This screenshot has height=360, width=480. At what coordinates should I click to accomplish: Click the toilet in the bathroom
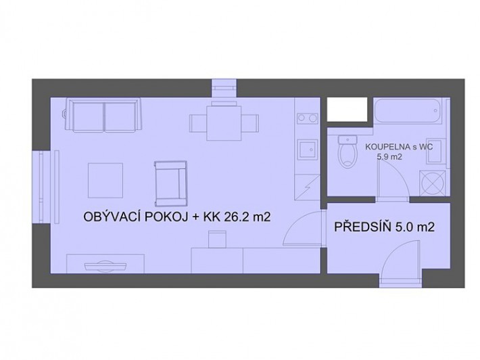point(347,151)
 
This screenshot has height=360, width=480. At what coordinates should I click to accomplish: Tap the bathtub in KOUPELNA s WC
point(408,111)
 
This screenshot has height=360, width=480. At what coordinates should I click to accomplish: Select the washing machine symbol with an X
point(433,183)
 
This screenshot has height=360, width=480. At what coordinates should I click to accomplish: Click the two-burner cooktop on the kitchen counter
point(308,118)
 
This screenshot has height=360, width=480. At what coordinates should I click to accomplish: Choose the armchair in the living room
point(171,183)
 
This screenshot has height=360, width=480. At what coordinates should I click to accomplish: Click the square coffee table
point(105,181)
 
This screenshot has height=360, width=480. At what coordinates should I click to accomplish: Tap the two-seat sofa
point(103,115)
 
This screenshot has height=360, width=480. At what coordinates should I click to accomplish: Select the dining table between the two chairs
point(224,123)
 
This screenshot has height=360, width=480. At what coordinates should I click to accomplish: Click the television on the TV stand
point(105,265)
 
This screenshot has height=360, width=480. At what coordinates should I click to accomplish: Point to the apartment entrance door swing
point(400,261)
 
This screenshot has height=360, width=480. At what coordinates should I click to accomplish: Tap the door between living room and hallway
point(303,227)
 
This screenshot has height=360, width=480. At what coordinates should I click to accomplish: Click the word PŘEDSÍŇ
point(363,227)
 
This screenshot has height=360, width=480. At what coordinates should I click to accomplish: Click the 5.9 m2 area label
point(389,157)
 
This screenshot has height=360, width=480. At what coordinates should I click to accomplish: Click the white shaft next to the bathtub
point(347,110)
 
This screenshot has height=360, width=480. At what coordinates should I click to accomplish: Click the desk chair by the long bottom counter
point(217,240)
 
